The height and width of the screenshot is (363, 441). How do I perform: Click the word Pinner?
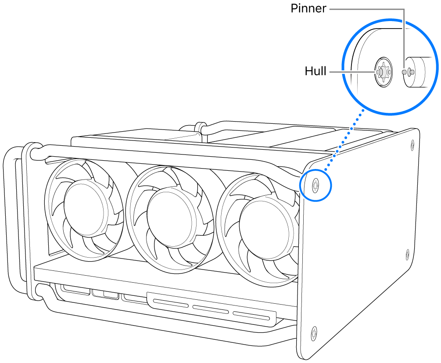pyautogui.click(x=308, y=9)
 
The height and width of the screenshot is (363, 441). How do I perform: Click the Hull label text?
pyautogui.click(x=316, y=71)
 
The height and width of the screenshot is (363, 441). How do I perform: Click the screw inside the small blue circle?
pyautogui.click(x=316, y=185)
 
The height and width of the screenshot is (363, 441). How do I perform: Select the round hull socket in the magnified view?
pyautogui.click(x=382, y=72)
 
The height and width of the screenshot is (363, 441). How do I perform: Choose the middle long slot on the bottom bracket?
pyautogui.click(x=211, y=309)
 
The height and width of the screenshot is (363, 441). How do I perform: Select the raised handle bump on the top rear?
pyautogui.click(x=201, y=127)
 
